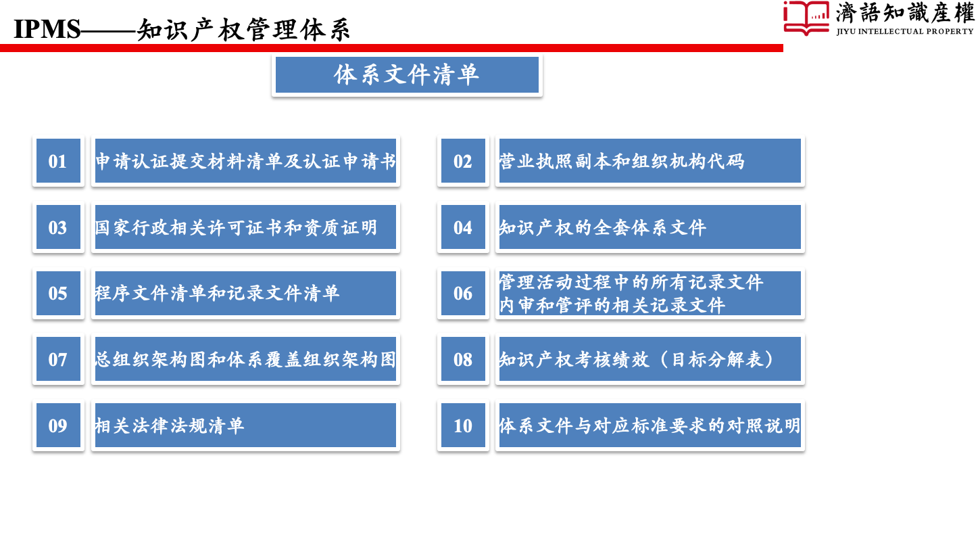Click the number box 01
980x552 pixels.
coord(58,161)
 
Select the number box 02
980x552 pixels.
coord(463,161)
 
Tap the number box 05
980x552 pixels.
coord(58,293)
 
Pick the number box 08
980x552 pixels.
coord(463,359)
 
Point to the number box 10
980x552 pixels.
coord(463,425)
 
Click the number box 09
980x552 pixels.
coord(58,425)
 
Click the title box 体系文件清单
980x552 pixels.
coord(407,75)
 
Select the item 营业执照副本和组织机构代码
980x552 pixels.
coord(650,161)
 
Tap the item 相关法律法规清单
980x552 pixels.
coord(245,425)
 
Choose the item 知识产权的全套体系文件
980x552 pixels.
coord(650,227)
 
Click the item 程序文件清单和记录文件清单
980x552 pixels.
coord(245,293)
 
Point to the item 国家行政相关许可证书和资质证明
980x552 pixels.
coord(245,227)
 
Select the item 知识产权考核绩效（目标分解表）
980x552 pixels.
coord(650,359)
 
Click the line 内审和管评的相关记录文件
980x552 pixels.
coord(612,306)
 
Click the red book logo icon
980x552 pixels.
coord(806,18)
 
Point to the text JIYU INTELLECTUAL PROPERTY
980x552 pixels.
coord(905,31)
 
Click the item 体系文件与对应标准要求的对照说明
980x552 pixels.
coord(650,425)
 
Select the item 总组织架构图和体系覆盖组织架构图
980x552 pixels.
coord(245,359)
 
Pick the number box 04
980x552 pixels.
coord(463,227)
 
